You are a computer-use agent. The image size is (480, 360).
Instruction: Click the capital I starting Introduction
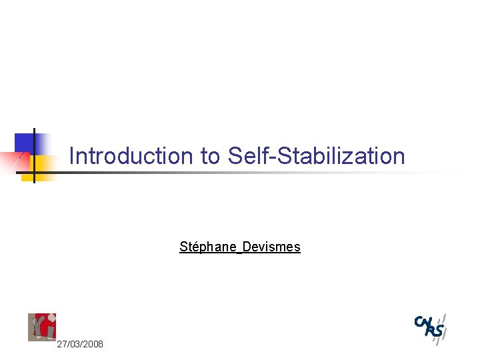point(72,156)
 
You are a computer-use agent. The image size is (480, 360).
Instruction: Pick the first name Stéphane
point(209,247)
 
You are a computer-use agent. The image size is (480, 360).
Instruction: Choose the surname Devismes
point(271,247)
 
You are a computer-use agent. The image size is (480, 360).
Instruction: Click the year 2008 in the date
point(93,344)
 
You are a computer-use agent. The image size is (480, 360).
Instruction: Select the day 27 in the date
point(62,344)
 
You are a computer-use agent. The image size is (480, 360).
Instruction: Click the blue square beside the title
point(25,143)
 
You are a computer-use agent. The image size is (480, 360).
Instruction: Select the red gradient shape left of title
point(13,161)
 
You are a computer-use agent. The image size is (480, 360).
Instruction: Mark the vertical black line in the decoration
point(34,155)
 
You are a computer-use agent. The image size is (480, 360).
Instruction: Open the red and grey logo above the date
point(41,327)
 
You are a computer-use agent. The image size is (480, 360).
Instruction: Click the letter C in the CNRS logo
point(419,321)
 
